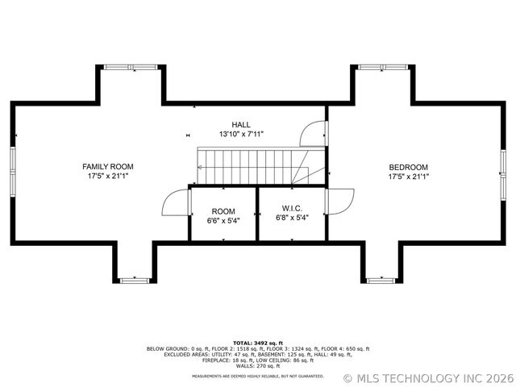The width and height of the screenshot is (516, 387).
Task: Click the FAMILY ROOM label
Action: coord(108,166)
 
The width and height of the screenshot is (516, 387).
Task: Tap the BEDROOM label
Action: coord(408,166)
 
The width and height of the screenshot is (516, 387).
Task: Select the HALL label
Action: coord(240,124)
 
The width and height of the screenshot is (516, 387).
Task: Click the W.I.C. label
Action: coord(292,208)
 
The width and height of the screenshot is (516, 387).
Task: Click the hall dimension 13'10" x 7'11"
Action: coord(240,134)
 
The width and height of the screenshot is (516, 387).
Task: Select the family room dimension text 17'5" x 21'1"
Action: coord(108,176)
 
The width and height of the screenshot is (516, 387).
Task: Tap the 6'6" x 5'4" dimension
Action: coord(223,218)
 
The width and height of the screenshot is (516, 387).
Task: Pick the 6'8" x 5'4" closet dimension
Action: coord(292,218)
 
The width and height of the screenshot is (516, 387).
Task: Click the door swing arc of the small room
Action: coord(175,202)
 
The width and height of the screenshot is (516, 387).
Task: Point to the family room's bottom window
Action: coord(134,280)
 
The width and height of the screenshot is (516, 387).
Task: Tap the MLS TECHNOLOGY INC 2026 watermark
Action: coord(427,377)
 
